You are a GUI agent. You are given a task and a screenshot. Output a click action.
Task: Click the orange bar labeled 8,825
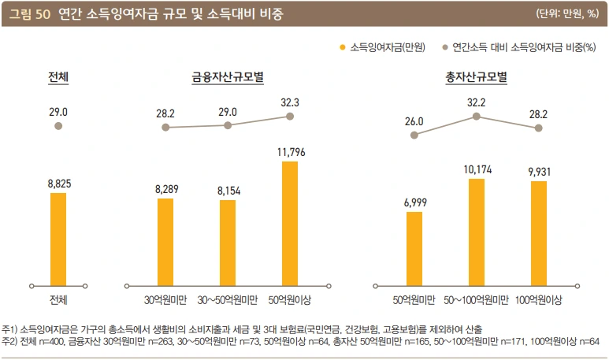(x=58, y=238)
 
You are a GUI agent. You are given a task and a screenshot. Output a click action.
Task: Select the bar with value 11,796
(x=290, y=223)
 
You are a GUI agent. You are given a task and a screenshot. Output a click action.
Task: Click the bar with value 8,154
(x=228, y=242)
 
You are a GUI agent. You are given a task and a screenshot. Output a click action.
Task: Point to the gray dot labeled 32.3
(x=290, y=117)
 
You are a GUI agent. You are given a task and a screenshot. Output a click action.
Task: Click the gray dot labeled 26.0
(x=414, y=135)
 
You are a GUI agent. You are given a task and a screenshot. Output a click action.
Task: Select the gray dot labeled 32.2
(x=476, y=116)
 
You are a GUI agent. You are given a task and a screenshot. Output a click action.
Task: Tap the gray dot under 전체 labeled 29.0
(x=58, y=125)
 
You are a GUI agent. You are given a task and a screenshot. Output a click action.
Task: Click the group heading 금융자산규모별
(x=228, y=77)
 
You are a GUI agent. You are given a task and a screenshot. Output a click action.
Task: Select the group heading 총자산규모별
(x=476, y=77)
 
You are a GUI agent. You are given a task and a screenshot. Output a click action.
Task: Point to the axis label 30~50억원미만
(x=228, y=300)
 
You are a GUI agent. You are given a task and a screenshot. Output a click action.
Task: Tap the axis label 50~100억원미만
(x=476, y=300)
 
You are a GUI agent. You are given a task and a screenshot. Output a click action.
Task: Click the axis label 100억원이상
(x=539, y=300)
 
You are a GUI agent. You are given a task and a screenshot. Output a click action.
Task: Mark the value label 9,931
(x=539, y=172)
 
